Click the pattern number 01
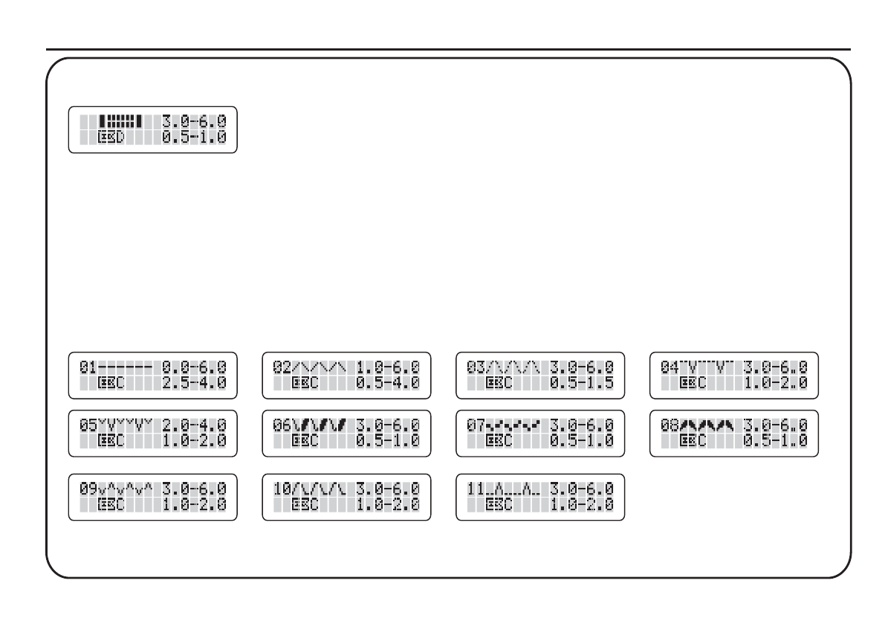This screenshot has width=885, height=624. click(x=87, y=367)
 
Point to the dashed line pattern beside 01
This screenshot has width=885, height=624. click(x=125, y=367)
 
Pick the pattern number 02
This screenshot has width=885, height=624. click(x=282, y=367)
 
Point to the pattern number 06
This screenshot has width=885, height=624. click(x=282, y=425)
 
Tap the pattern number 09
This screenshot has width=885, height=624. click(x=87, y=489)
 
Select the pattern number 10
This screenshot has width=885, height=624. click(x=282, y=489)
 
